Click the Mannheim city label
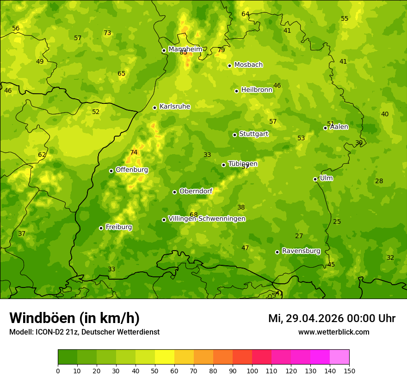(x=185, y=49)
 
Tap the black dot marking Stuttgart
(x=234, y=135)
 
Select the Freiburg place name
(x=119, y=227)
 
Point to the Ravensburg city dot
(x=277, y=252)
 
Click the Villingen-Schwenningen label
(x=207, y=219)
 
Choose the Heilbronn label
(x=257, y=90)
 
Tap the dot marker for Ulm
(x=315, y=179)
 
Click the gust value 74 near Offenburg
(x=134, y=153)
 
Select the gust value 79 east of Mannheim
(x=221, y=50)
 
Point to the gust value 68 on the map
(x=193, y=215)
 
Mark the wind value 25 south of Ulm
(x=337, y=222)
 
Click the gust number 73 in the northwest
(x=107, y=33)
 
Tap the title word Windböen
(x=42, y=318)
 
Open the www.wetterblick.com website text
(x=333, y=332)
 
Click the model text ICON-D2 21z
(x=55, y=332)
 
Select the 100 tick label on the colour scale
(x=252, y=371)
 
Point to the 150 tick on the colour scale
(x=349, y=371)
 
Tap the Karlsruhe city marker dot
(x=154, y=108)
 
